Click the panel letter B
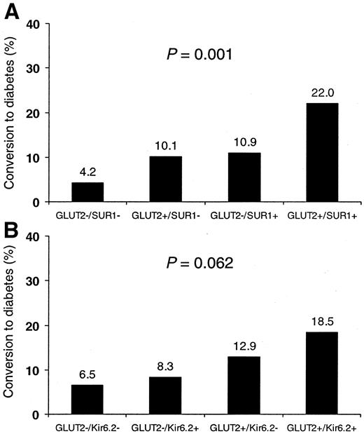[x=12, y=228]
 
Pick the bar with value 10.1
[x=166, y=179]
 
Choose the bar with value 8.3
[x=166, y=396]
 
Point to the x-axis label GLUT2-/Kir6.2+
[x=166, y=426]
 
